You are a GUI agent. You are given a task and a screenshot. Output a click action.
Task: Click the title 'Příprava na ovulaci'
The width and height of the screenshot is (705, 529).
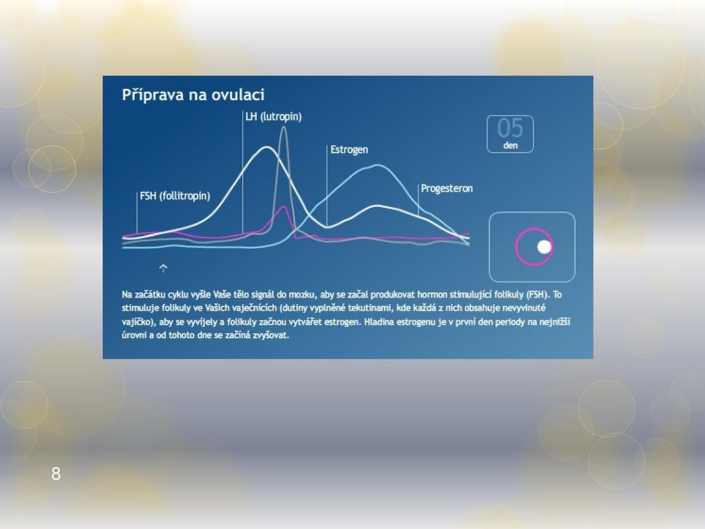[193, 95]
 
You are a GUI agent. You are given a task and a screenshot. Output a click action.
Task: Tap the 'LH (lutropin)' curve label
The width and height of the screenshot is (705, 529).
[273, 117]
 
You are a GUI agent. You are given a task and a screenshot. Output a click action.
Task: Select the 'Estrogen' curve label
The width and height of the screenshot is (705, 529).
[349, 149]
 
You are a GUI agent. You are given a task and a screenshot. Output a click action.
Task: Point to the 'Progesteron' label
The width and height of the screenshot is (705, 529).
[446, 189]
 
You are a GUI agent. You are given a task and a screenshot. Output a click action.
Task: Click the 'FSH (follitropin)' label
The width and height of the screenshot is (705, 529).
[175, 195]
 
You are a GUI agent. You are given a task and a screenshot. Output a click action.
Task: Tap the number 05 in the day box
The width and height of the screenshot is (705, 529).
[510, 128]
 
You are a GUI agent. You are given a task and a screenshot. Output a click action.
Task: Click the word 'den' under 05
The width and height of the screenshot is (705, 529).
[510, 145]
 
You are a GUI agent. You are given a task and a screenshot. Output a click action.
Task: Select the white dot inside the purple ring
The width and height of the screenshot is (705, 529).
[544, 247]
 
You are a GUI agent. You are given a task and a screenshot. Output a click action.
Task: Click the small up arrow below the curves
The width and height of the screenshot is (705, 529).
[163, 268]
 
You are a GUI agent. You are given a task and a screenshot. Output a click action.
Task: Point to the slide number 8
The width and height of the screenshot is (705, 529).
[56, 474]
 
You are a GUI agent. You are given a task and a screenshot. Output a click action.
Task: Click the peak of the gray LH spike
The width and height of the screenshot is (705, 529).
[283, 127]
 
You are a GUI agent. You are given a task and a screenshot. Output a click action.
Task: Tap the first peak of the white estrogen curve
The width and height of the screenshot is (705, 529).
[267, 147]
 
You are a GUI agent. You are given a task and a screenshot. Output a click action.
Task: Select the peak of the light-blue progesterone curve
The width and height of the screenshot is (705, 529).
[377, 165]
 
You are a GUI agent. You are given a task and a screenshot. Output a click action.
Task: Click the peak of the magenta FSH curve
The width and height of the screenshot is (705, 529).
[283, 206]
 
